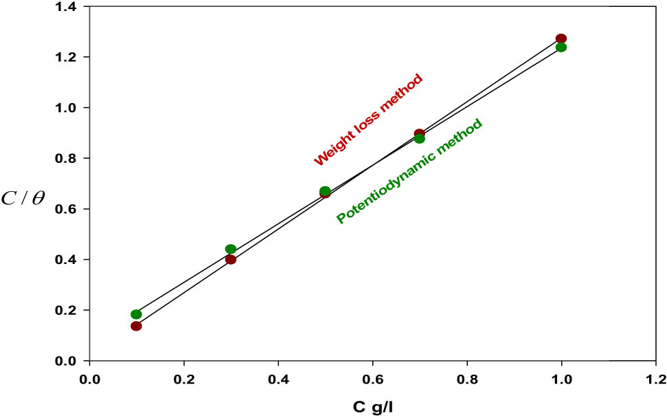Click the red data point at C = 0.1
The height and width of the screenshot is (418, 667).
click(136, 326)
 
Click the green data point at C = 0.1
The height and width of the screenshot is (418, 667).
click(136, 314)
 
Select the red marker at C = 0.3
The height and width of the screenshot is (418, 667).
click(231, 259)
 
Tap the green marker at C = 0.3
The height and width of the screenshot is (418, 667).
click(231, 249)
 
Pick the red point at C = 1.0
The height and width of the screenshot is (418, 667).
click(561, 38)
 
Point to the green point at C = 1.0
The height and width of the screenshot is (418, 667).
click(561, 47)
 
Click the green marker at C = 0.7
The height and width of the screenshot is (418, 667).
click(420, 139)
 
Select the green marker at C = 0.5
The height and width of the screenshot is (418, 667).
click(325, 190)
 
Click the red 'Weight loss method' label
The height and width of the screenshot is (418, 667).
click(368, 120)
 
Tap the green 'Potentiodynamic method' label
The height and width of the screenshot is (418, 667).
click(409, 171)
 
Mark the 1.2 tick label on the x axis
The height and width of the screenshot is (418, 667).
click(656, 379)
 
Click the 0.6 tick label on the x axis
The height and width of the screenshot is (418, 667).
click(372, 379)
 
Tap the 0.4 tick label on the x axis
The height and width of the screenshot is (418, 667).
click(278, 379)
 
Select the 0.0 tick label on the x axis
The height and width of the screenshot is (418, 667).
click(89, 379)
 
